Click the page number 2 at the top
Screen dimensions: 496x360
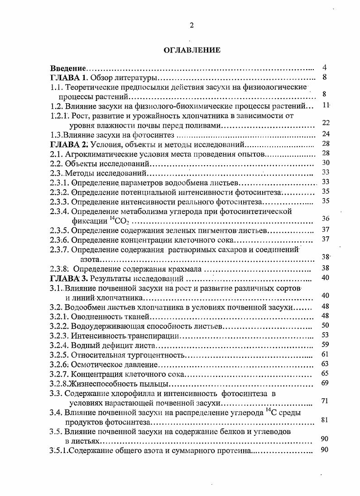click(x=192, y=26)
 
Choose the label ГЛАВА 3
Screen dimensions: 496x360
click(x=68, y=278)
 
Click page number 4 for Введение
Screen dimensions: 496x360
click(x=325, y=67)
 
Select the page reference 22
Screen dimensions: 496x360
click(x=325, y=123)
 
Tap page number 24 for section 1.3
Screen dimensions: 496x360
click(x=325, y=134)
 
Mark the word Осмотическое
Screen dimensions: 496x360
click(x=95, y=364)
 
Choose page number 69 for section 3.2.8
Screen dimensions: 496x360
click(x=325, y=383)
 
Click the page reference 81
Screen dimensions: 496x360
click(x=325, y=420)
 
